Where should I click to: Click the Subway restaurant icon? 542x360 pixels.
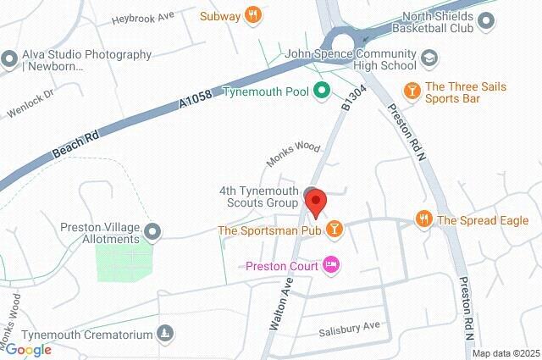252,14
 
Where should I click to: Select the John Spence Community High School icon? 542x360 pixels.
429,58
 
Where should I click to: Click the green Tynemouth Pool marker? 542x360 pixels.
321,91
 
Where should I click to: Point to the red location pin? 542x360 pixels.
316,203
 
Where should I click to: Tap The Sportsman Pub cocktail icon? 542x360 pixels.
335,229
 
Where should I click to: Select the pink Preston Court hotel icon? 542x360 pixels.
331,265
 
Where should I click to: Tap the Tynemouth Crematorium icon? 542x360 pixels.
166,335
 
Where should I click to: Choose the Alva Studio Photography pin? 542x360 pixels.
9,59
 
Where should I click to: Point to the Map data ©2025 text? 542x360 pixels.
506,353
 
